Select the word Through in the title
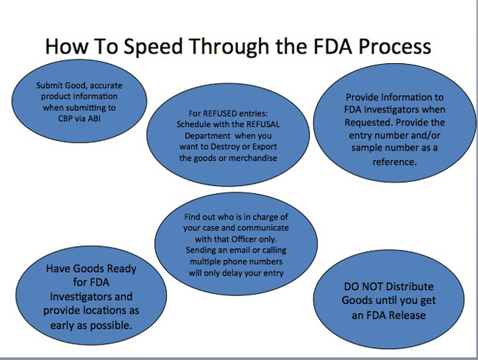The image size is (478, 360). [x=221, y=46]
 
